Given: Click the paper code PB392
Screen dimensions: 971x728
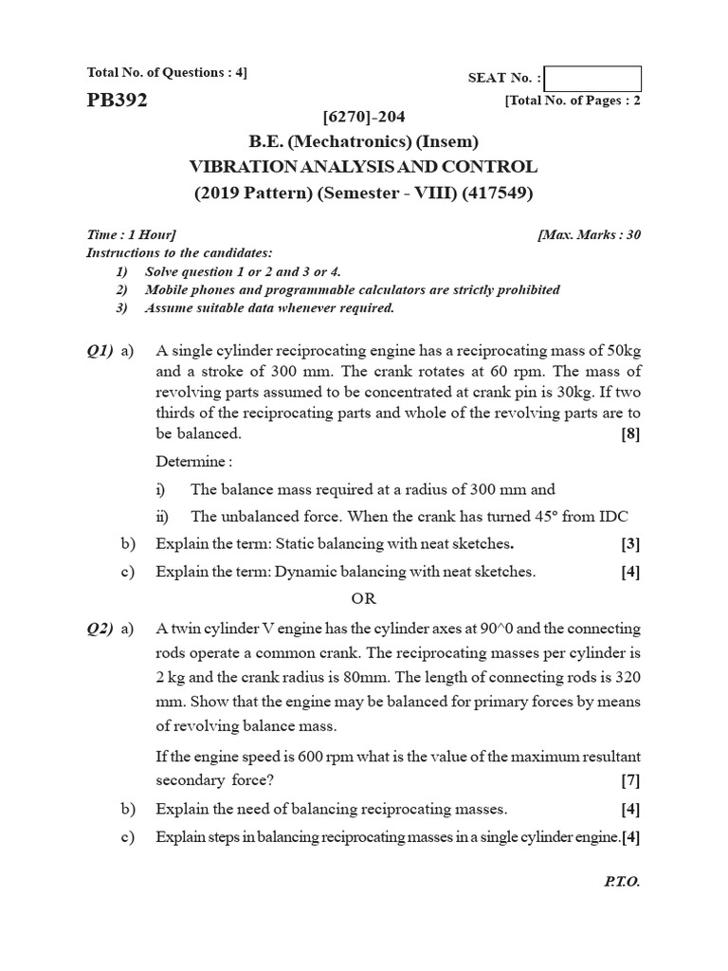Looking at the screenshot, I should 117,101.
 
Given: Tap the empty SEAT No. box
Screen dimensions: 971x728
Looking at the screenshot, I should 593,79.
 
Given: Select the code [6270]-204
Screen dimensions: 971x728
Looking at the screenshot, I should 364,118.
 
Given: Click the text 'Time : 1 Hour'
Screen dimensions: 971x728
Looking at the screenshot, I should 131,234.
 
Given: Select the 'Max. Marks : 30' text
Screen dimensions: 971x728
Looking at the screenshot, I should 588,234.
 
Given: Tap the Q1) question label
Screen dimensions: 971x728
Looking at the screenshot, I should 100,351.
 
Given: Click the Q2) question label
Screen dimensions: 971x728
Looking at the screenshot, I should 100,628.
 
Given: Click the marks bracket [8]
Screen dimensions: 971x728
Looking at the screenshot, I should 630,434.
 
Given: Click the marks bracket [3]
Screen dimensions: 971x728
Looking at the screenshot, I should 630,544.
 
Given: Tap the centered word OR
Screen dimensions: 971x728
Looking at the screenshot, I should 364,599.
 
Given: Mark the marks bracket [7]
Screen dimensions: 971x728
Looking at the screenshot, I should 630,780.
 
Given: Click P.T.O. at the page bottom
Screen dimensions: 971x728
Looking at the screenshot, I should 622,881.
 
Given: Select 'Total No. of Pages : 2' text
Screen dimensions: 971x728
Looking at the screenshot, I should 573,101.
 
